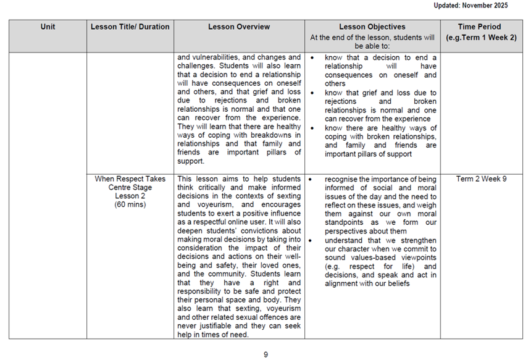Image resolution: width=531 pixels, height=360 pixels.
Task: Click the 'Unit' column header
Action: (x=48, y=27)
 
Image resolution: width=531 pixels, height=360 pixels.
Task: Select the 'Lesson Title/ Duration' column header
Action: (x=130, y=27)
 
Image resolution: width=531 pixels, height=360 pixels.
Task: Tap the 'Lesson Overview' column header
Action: (x=238, y=27)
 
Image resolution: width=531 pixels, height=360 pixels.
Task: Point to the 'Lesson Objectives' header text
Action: (x=372, y=27)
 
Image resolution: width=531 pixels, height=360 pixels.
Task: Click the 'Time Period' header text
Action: (x=479, y=27)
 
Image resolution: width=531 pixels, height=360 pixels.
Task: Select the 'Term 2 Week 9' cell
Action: (x=481, y=179)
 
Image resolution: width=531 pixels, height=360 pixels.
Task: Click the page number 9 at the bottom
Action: (x=265, y=354)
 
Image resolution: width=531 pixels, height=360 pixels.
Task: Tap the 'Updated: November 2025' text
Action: (x=475, y=6)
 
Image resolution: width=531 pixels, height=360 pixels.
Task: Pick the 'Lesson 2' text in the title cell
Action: (x=130, y=196)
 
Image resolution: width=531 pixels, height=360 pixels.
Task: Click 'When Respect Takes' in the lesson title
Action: (x=130, y=179)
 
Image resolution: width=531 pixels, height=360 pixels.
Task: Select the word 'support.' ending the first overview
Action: (x=190, y=161)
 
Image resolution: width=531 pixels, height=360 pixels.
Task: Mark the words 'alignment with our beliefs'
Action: (x=367, y=283)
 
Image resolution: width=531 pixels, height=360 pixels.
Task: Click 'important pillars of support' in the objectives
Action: (x=369, y=154)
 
